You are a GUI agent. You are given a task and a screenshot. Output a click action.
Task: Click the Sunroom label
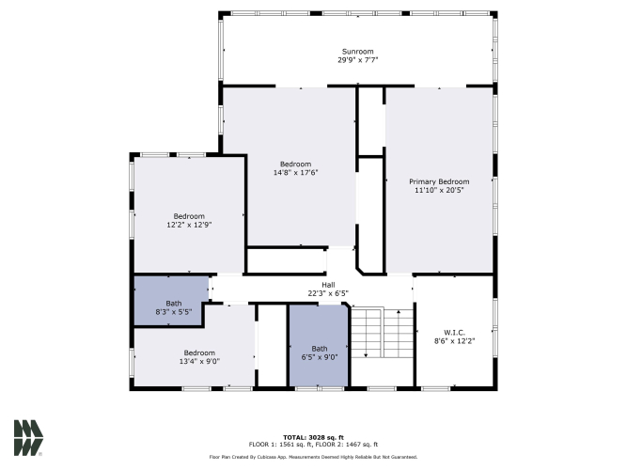(357, 52)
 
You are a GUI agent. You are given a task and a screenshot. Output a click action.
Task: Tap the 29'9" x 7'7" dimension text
(357, 60)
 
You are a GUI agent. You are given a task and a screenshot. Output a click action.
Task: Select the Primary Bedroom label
(439, 181)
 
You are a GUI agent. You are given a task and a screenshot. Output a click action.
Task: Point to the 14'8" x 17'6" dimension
(295, 172)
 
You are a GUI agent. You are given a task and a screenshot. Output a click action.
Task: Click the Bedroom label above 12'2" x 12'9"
(189, 216)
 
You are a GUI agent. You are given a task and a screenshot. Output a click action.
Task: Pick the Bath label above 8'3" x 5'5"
(174, 304)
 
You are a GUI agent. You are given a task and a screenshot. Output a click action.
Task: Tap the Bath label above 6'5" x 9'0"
(320, 349)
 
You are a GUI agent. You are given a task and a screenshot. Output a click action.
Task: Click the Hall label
(328, 285)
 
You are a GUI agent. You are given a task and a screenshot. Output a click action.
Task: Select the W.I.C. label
(455, 333)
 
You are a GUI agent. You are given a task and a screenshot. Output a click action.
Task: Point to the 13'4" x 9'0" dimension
(199, 361)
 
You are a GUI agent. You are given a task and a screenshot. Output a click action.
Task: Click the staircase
(382, 333)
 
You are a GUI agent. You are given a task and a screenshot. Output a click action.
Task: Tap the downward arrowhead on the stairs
(366, 354)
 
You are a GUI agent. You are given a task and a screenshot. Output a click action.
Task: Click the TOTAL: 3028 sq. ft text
(314, 437)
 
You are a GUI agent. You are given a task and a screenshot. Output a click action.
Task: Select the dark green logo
(28, 438)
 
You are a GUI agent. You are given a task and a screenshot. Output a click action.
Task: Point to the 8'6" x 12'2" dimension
(455, 341)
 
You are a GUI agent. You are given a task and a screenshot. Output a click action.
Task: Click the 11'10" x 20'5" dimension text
(439, 190)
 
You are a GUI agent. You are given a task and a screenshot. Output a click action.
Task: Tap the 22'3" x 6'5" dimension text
(328, 293)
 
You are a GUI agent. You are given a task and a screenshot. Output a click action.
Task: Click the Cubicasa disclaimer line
(314, 457)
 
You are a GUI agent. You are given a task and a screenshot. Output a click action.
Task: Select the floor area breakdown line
(314, 445)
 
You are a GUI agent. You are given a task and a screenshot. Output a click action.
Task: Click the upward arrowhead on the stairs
(399, 312)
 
